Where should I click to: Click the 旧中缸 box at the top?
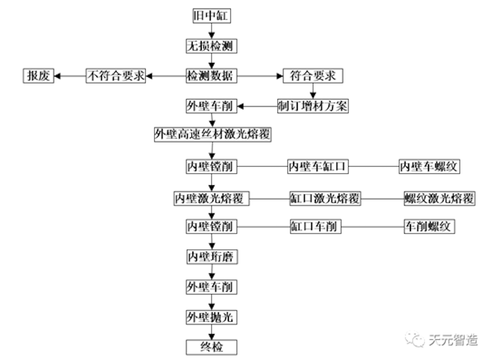(211, 16)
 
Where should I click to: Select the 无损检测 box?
(212, 46)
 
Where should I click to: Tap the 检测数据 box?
(212, 76)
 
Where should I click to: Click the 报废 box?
(39, 76)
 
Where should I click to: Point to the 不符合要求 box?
(116, 76)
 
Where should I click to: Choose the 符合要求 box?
(313, 76)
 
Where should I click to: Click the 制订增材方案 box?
(313, 106)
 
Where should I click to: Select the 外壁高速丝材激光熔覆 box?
(212, 134)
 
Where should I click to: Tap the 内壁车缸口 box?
(318, 167)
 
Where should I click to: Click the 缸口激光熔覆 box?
(325, 198)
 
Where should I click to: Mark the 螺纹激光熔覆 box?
(439, 198)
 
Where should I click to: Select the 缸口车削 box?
(315, 227)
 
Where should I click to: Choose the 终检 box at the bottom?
(212, 347)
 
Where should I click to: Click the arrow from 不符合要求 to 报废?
(69, 76)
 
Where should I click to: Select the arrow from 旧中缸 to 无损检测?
(212, 31)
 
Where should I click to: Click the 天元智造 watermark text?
(453, 339)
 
